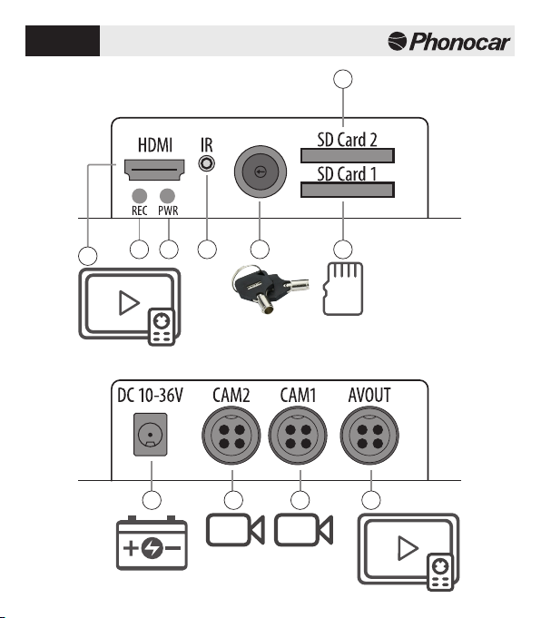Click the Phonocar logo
coord(448,42)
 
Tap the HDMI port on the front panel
coord(154,170)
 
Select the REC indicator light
coord(139,196)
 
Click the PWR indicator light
coord(167,196)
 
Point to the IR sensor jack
coord(207,162)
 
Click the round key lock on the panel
coord(261,172)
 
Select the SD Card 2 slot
coord(348,155)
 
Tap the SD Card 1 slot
coord(348,190)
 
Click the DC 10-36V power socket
coord(151,435)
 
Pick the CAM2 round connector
coord(231,436)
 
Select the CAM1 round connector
coord(298,436)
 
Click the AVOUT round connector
coord(369,436)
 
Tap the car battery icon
coord(152,543)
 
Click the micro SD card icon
coord(343,289)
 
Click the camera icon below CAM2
coord(235,530)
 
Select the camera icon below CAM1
coord(303,530)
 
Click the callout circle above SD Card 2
coord(343,79)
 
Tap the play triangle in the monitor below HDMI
coord(129,303)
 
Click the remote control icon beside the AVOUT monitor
coord(440,573)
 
